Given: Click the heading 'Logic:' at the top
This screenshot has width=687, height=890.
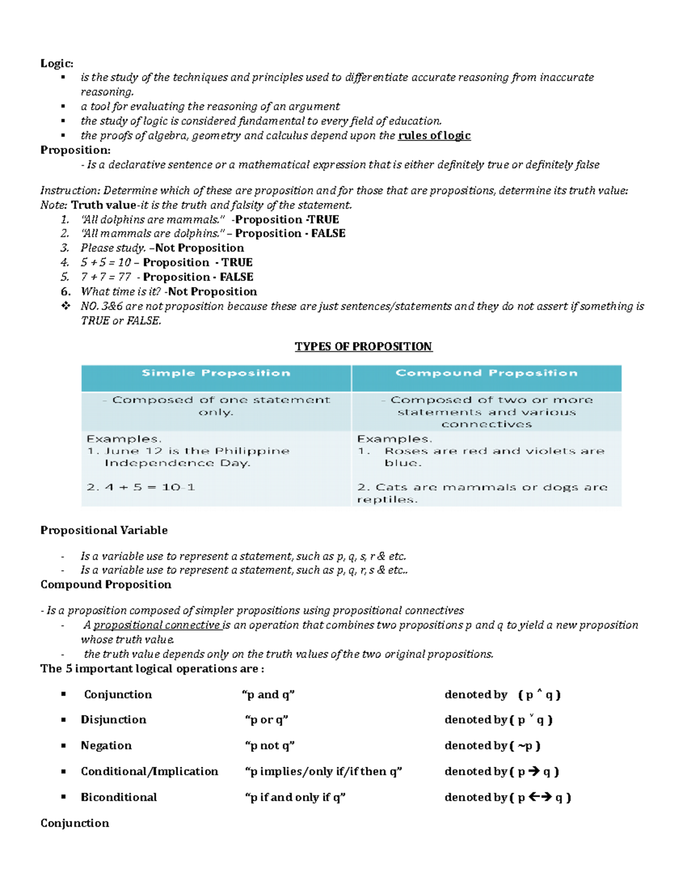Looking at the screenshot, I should coord(57,64).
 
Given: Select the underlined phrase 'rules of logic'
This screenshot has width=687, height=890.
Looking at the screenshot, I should coord(434,136).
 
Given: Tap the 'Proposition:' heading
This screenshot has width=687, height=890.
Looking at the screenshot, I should coord(75,150).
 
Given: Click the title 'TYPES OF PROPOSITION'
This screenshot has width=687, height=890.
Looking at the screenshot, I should coord(364,347).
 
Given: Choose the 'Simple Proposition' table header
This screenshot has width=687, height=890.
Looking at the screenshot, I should coord(216,373).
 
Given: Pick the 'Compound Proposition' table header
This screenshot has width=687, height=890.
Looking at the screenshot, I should coord(486,373).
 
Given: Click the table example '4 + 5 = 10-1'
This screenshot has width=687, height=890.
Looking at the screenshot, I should coord(141,487).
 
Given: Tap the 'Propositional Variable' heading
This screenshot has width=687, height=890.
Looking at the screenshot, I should coord(104,530).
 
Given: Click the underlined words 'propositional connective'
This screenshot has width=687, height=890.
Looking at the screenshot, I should coord(157,625).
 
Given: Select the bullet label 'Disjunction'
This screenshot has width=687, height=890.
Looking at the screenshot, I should coord(113,720).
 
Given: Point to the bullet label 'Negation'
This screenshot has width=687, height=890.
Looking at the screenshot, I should coord(106,746).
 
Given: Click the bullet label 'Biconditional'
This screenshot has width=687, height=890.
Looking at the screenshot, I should coord(119,797).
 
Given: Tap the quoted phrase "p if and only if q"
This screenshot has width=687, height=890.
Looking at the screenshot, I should coord(295,797).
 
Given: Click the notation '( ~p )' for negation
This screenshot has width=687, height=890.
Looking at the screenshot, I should coord(525,746).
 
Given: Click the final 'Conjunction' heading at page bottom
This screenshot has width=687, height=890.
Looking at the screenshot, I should coord(74,823).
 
